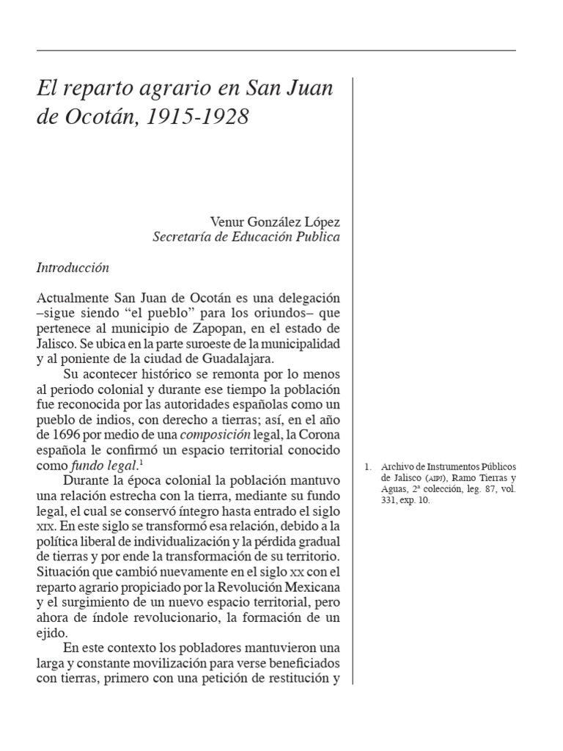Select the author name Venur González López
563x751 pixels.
275,221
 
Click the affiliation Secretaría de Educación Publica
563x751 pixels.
246,237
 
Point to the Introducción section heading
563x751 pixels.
73,268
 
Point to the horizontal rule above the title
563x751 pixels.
276,50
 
